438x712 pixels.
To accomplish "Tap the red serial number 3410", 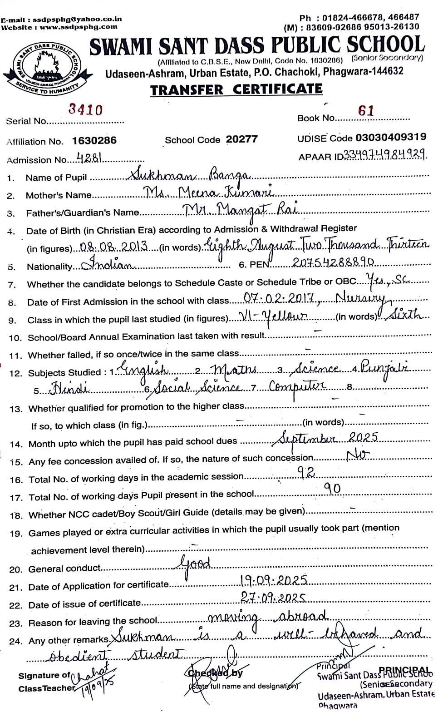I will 85,109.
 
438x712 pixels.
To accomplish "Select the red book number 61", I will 365,111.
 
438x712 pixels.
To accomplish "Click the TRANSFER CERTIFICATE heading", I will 236,89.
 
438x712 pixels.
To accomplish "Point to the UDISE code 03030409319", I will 391,137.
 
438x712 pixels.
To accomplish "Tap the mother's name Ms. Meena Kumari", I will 209,193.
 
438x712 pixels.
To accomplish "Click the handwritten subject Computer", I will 297,386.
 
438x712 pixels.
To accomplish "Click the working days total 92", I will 306,473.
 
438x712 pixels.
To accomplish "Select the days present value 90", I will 331,489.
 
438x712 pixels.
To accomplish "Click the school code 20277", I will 242,139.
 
